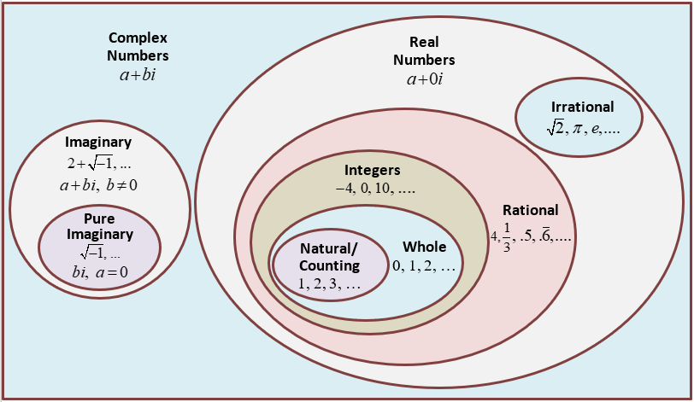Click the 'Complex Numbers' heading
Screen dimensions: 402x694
coord(138,48)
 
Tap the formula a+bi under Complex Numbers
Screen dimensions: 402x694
coord(138,75)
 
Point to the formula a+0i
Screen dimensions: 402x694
coord(431,79)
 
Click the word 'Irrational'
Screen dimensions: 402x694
coord(582,108)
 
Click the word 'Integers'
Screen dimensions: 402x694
coord(372,170)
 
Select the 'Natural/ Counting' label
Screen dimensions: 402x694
coord(329,257)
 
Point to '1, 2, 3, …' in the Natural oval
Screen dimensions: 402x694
coord(329,285)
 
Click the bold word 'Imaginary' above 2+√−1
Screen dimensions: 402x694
coord(98,143)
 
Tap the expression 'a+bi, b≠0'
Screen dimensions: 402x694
coord(98,184)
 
